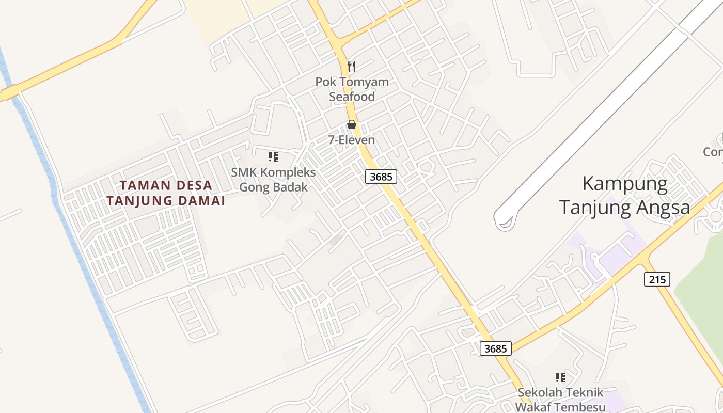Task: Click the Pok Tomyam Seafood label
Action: [352, 89]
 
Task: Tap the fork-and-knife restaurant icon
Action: [352, 66]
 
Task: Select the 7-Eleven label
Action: [352, 140]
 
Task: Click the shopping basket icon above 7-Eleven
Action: [352, 124]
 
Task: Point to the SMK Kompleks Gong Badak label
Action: [273, 179]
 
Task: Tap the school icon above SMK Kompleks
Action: [273, 157]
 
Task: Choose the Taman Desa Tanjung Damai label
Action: [166, 193]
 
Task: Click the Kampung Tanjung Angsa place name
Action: [625, 196]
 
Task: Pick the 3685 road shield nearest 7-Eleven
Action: [382, 177]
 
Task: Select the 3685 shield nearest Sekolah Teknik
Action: [496, 348]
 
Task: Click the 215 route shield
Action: [657, 279]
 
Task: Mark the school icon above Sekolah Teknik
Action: [560, 377]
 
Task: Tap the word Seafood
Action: [352, 97]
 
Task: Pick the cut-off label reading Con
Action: [713, 152]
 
